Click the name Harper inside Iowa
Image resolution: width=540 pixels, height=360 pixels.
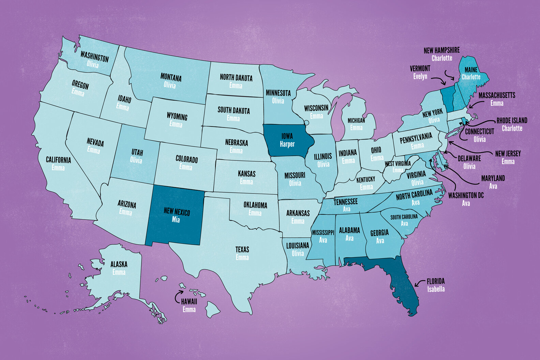287,144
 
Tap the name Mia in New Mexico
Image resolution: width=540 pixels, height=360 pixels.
176,220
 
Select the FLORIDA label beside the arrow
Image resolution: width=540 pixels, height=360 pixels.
436,281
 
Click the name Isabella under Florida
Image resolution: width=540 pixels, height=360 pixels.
436,289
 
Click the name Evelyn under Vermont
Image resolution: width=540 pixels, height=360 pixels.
420,76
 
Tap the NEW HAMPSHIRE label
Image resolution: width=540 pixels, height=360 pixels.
441,50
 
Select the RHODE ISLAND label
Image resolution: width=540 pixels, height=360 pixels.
512,120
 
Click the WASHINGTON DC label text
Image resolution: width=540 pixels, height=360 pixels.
466,195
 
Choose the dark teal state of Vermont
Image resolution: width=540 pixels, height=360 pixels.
447,99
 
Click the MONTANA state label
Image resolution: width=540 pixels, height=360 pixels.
171,77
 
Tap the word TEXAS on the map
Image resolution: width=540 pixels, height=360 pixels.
242,250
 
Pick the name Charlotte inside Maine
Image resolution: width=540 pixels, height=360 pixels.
471,77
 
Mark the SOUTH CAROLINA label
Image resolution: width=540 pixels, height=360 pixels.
404,217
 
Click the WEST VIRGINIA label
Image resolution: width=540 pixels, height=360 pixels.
397,164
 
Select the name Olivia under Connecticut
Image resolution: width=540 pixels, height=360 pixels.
479,139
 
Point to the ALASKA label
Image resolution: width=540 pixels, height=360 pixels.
119,264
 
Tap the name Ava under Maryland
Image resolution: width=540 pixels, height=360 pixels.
493,186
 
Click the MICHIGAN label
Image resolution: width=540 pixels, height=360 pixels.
356,120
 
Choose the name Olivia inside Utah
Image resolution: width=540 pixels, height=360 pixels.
136,160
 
